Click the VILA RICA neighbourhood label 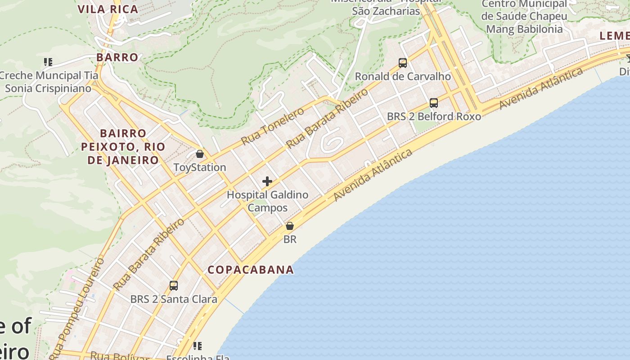click(x=108, y=9)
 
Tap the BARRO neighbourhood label click(x=117, y=57)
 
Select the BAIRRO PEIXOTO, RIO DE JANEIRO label click(x=123, y=147)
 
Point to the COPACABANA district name click(x=251, y=270)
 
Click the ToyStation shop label click(x=200, y=167)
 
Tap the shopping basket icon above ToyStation click(x=200, y=154)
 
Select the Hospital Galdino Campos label click(x=267, y=201)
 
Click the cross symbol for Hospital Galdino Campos click(x=267, y=181)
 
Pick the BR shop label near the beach click(x=290, y=239)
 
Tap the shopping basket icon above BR click(x=290, y=226)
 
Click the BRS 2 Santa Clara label click(x=174, y=299)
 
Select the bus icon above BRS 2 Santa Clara click(x=174, y=286)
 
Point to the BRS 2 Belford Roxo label click(x=434, y=117)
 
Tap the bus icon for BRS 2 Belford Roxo click(x=434, y=103)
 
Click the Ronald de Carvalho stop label click(x=403, y=76)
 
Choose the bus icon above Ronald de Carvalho click(x=403, y=63)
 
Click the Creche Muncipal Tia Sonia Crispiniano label click(x=48, y=82)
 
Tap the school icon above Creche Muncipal click(x=48, y=62)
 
